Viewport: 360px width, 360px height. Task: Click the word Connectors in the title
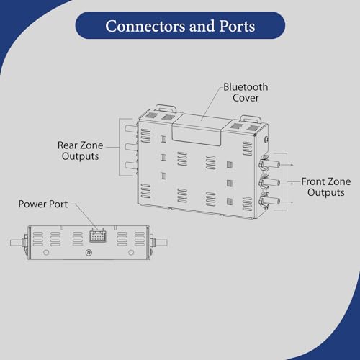coord(145,26)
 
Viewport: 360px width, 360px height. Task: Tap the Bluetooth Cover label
coord(246,92)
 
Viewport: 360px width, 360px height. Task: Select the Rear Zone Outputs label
coord(81,150)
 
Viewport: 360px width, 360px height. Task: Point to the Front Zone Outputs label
coord(326,187)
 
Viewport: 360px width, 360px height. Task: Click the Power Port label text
coord(43,204)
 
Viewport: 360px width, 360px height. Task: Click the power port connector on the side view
coord(98,236)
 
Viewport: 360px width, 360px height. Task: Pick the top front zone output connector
coord(269,164)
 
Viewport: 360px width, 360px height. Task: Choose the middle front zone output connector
coord(269,183)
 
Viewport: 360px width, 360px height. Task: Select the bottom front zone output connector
coord(269,201)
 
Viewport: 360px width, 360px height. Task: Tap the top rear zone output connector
coord(131,128)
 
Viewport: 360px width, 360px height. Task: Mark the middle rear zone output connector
coord(131,147)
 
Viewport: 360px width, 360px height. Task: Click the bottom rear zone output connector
coord(131,165)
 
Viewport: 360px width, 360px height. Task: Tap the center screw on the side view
coord(89,253)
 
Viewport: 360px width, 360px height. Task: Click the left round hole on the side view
coord(46,252)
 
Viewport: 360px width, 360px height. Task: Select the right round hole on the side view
coord(131,252)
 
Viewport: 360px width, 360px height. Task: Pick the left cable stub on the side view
coord(17,243)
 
